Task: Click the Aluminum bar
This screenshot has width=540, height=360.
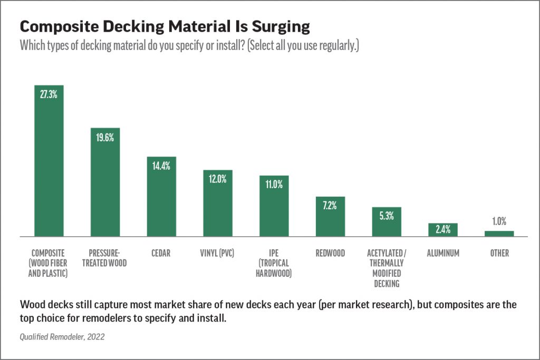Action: point(442,230)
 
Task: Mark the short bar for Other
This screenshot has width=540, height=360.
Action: point(499,233)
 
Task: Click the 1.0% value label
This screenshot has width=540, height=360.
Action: point(499,221)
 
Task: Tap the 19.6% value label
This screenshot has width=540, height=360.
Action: point(105,138)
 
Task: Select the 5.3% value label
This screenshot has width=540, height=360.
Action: point(386,216)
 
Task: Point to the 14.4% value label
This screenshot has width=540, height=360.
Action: point(161,166)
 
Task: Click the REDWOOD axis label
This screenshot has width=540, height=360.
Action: point(330,254)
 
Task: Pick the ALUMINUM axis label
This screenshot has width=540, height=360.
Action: point(442,254)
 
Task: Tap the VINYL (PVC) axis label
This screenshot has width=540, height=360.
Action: point(218,254)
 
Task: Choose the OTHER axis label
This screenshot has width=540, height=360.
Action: point(499,254)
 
